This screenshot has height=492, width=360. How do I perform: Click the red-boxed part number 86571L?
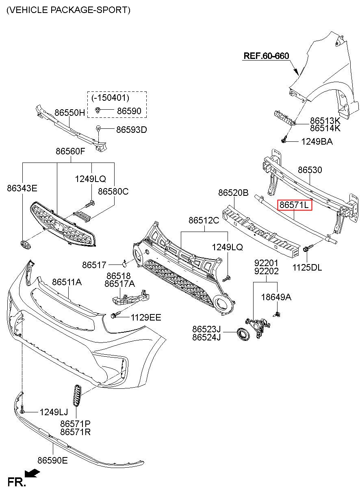pos(294,205)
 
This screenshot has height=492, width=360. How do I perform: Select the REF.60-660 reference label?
pos(266,56)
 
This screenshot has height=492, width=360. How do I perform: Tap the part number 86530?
pos(310,170)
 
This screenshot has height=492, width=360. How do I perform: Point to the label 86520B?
pos(233,193)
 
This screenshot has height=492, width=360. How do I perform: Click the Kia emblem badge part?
pos(26,245)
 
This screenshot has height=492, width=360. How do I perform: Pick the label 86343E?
pos(22,188)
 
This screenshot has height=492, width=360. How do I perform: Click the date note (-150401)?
pos(110,98)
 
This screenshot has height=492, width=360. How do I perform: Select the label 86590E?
pos(52,460)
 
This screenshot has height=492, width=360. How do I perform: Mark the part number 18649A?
pos(276,297)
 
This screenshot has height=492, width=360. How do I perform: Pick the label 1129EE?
pos(146,317)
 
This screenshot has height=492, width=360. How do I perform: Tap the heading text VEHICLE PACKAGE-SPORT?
pos(68,10)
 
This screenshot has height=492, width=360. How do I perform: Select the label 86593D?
pos(132,130)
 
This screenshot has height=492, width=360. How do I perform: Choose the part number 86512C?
pos(204,220)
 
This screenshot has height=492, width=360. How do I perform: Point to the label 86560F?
pos(70,151)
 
